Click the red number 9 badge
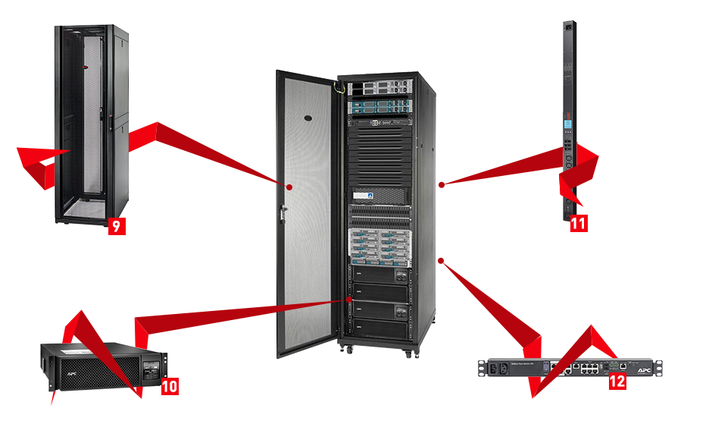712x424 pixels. (116, 225)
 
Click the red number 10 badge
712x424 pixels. (170, 386)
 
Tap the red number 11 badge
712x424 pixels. (578, 223)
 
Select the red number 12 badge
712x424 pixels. (617, 381)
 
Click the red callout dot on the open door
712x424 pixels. (289, 185)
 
